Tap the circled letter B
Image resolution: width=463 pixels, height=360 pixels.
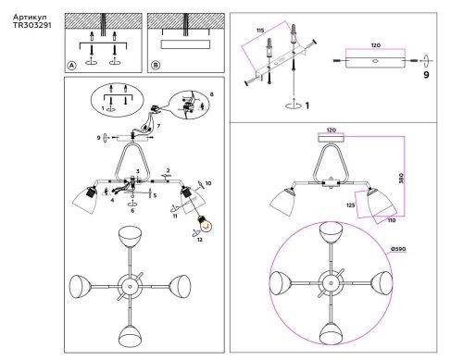155,66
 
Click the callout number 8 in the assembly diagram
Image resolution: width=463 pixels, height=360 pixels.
212,94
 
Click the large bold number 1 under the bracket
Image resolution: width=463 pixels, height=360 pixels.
307,106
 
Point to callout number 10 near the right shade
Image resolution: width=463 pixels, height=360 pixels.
208,184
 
